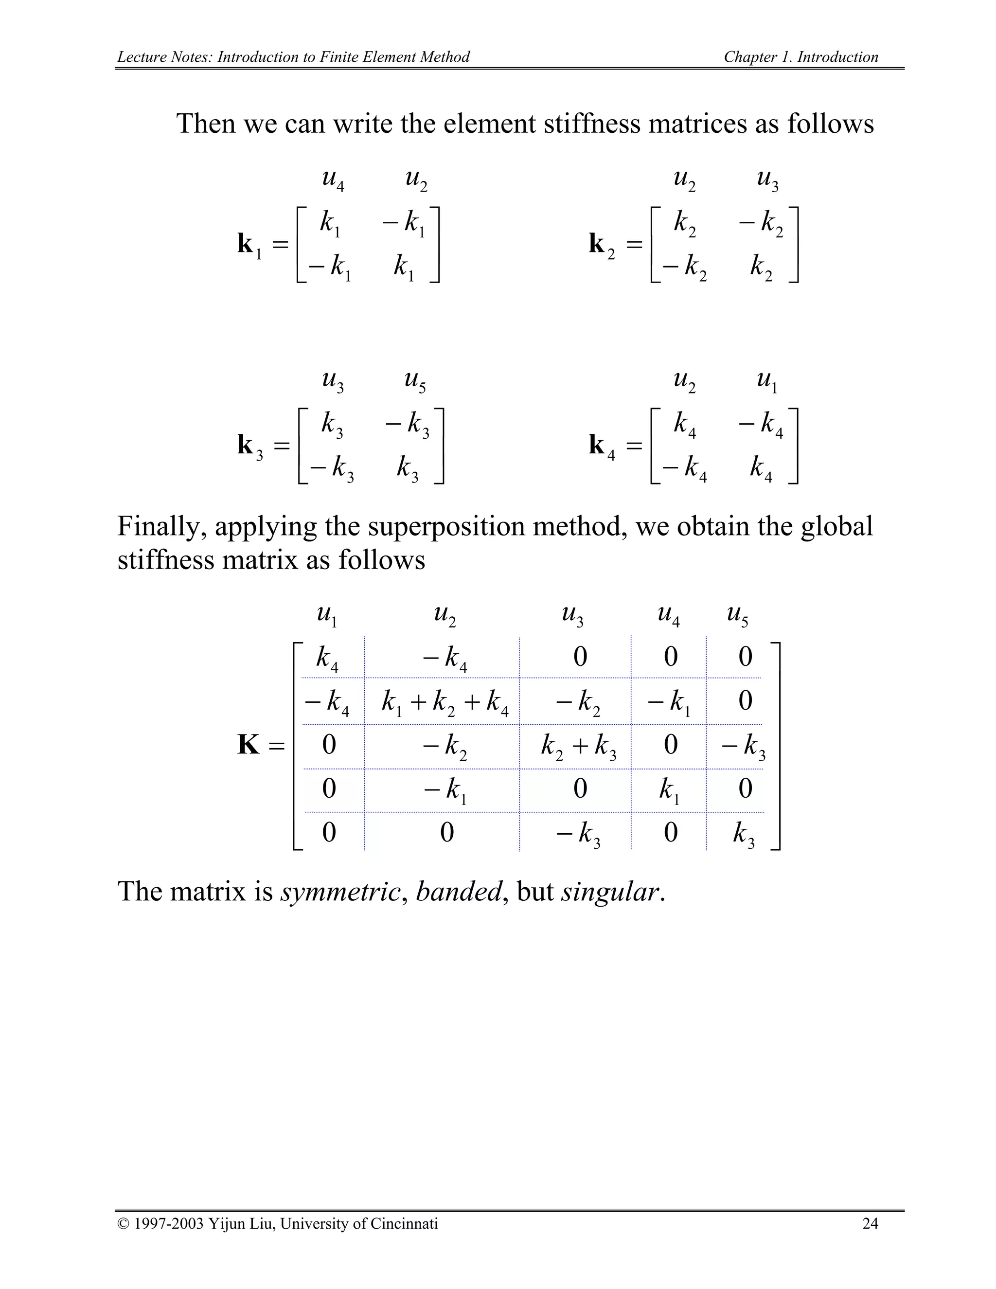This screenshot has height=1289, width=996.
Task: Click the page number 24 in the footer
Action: coord(870,1223)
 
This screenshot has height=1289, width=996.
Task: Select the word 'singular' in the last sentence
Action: coord(609,891)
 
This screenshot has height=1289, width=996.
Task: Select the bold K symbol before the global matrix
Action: coord(249,745)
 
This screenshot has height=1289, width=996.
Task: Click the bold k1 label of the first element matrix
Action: coord(249,244)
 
